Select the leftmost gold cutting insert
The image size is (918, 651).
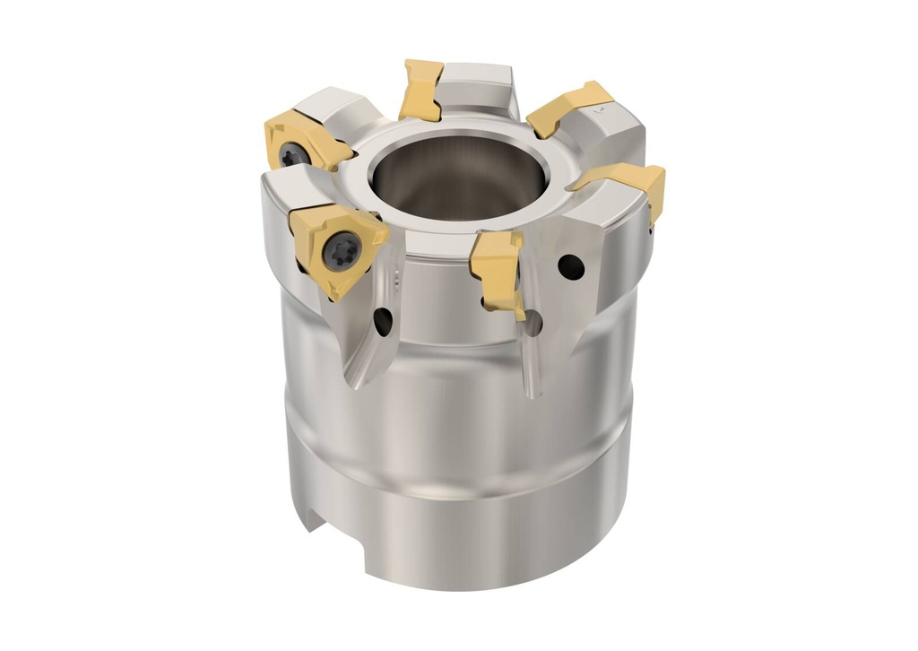tap(305, 143)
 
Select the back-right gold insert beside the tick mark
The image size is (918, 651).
tap(565, 106)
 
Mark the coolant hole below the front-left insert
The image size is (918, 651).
tap(383, 321)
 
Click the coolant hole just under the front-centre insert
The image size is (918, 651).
tap(533, 323)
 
